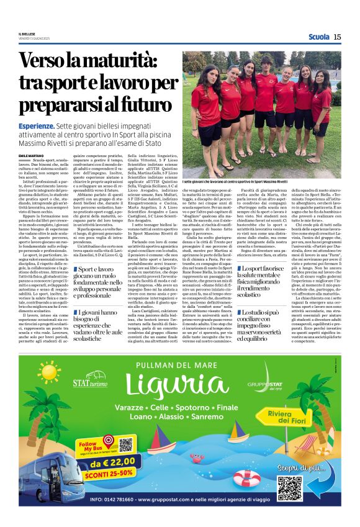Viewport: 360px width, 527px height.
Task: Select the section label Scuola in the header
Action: pyautogui.click(x=318, y=37)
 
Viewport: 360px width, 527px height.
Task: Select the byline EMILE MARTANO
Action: pyautogui.click(x=32, y=155)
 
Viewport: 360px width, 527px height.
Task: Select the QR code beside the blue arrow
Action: pyautogui.click(x=289, y=488)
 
